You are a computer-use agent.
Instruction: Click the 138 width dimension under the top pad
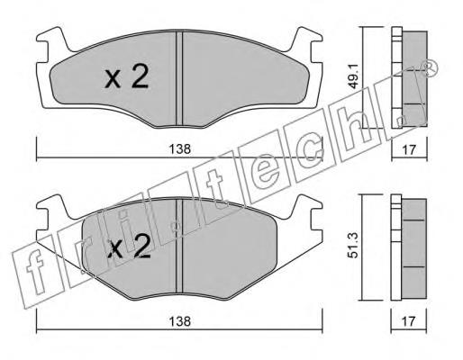(179, 149)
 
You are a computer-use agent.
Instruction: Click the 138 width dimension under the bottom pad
(179, 321)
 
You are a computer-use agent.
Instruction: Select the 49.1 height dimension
(354, 78)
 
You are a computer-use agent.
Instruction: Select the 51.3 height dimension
(353, 247)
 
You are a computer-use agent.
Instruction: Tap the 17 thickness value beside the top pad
(409, 149)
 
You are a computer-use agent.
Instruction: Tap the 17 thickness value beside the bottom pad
(409, 321)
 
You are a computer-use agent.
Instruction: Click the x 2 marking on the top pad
(127, 77)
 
